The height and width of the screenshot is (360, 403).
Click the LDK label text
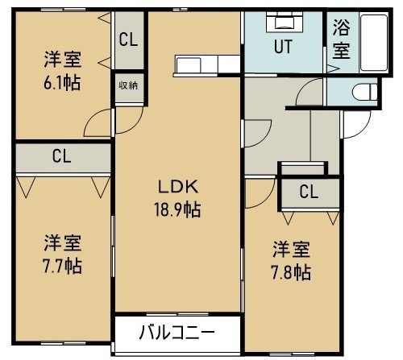(178, 187)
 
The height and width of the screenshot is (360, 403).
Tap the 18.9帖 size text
(177, 209)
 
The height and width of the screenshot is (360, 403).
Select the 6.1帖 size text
(62, 82)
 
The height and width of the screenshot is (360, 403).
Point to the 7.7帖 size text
(63, 266)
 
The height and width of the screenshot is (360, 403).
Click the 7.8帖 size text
(292, 272)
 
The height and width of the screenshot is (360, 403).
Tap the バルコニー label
(177, 333)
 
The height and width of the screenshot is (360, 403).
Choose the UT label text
(283, 47)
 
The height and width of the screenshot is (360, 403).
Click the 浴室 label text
(342, 39)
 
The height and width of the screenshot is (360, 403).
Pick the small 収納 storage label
(128, 85)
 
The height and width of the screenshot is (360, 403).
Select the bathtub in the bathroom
(374, 43)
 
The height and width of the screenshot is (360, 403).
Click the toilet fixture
(365, 92)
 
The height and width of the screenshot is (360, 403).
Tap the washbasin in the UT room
(285, 22)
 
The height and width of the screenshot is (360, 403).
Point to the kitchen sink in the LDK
(188, 64)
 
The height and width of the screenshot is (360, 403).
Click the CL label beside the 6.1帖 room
(128, 39)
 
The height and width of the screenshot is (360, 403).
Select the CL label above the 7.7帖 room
(62, 156)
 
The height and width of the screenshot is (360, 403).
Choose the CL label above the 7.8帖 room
(309, 192)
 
